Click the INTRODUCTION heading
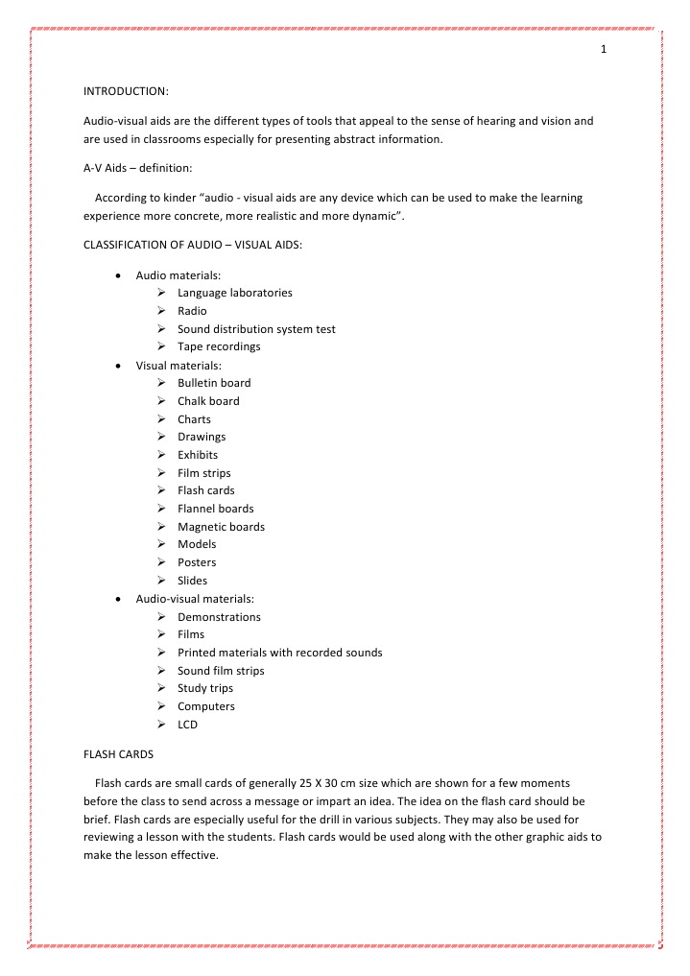126,91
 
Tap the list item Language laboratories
234,293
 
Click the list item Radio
192,311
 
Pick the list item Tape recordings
219,346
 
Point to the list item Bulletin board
214,383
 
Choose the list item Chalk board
208,401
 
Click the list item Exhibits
198,455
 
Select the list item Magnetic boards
221,527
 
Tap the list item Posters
197,562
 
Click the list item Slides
192,581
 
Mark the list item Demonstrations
219,617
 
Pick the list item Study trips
205,688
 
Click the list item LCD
187,725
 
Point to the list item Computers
206,706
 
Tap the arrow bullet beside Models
160,544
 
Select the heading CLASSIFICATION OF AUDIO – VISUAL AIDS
193,246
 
